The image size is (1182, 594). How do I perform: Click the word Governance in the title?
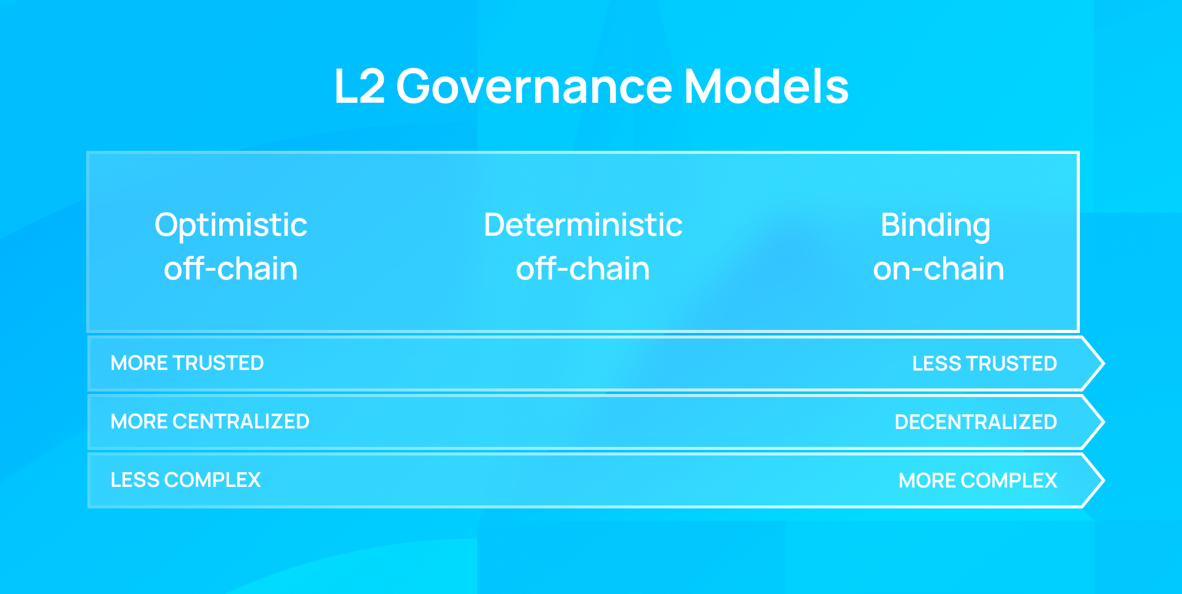[534, 86]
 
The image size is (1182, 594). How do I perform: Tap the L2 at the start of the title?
[360, 86]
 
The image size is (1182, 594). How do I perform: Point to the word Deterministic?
[583, 225]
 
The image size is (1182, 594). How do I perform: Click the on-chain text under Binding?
[938, 269]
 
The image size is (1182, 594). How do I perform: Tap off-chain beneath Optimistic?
[231, 269]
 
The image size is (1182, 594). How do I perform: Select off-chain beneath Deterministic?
[583, 269]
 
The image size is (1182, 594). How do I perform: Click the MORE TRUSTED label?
[187, 363]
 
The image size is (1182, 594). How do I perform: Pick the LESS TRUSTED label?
[984, 364]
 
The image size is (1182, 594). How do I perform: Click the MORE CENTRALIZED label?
[210, 422]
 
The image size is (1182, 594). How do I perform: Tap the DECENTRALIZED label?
[976, 422]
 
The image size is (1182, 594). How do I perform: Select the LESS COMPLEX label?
[186, 480]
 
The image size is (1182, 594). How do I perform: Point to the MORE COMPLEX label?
[978, 481]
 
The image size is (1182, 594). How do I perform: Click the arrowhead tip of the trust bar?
[1104, 363]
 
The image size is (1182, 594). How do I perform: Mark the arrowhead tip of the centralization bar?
[1104, 422]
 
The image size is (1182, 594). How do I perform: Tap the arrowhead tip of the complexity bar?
[1104, 480]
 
